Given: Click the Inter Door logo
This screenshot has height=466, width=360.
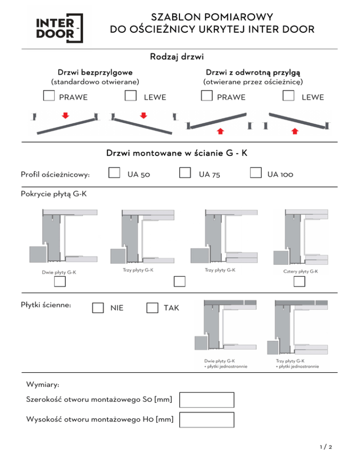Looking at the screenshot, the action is click(x=59, y=28).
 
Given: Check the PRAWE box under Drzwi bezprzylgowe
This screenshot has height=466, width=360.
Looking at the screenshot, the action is click(x=49, y=96).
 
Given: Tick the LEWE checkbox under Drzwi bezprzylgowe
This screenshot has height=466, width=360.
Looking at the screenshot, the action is click(x=130, y=96).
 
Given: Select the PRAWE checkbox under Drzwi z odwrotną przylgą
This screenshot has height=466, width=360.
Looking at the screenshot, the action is click(x=207, y=96).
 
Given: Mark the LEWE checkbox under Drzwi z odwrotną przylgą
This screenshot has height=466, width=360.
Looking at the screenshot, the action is click(x=288, y=96).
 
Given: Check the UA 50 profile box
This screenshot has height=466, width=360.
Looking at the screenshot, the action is click(x=114, y=173).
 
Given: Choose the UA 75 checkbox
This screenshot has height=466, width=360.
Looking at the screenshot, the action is click(x=185, y=173).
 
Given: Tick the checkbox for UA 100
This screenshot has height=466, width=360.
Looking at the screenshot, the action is click(x=255, y=173).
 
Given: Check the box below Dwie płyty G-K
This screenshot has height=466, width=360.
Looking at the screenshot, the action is click(x=60, y=281).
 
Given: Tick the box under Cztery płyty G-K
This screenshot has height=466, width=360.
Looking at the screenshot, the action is click(x=300, y=281).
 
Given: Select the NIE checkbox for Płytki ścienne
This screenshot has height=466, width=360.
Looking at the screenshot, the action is click(x=98, y=308).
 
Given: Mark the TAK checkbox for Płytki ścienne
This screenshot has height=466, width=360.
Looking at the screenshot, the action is click(x=152, y=308).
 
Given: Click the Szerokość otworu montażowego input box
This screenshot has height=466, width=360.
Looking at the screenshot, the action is click(x=207, y=400).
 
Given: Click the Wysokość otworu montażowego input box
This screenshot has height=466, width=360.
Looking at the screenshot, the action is click(x=207, y=420).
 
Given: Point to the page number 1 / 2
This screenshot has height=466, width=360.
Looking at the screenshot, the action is click(x=326, y=447).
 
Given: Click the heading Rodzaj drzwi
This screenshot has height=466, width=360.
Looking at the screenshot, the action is click(x=177, y=56).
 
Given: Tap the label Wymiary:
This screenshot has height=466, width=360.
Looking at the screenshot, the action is click(x=43, y=384).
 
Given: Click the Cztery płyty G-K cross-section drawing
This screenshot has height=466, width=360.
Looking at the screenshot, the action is click(x=300, y=237).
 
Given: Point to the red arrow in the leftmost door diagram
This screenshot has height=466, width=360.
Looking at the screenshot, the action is click(x=66, y=115).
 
